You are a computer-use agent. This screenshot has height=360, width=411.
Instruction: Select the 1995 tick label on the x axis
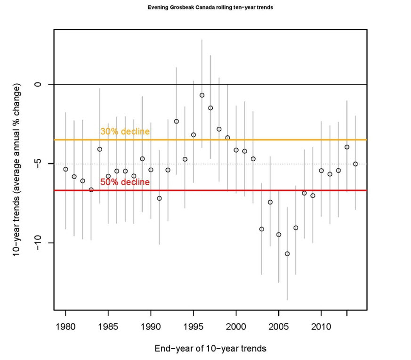coord(193,326)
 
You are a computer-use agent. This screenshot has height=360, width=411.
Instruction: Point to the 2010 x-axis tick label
coord(321,326)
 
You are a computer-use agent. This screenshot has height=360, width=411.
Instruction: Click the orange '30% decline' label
coord(125,131)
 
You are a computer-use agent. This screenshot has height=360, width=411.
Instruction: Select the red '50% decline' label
coord(125,182)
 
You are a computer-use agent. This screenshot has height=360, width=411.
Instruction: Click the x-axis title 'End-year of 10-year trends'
coord(210,349)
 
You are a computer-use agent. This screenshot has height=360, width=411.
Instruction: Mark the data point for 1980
coord(65,169)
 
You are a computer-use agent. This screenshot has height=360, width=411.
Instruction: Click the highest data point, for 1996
coord(202,95)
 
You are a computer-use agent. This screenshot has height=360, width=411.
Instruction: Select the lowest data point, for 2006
coord(287,254)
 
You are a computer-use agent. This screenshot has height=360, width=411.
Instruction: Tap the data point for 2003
coord(262,229)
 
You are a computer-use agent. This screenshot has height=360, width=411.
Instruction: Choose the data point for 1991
coord(159,198)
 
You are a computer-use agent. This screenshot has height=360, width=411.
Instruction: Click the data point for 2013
coord(347,147)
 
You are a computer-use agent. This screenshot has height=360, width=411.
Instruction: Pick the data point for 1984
coord(100,149)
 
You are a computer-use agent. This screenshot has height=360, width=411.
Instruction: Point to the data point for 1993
coord(177,122)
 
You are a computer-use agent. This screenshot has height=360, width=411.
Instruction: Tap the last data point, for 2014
coord(355,164)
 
